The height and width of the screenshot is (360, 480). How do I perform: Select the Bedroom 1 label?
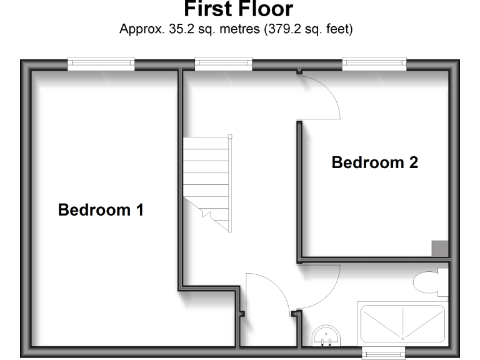coord(101,210)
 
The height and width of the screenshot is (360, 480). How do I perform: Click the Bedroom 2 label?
coord(374,163)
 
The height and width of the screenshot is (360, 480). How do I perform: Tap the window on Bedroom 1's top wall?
coord(101,62)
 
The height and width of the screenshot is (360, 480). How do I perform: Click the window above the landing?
coord(224,62)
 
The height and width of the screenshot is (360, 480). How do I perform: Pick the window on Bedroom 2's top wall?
coord(374,62)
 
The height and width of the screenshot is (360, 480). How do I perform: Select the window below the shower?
coord(383,353)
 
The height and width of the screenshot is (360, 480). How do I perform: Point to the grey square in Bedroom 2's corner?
coord(440,248)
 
